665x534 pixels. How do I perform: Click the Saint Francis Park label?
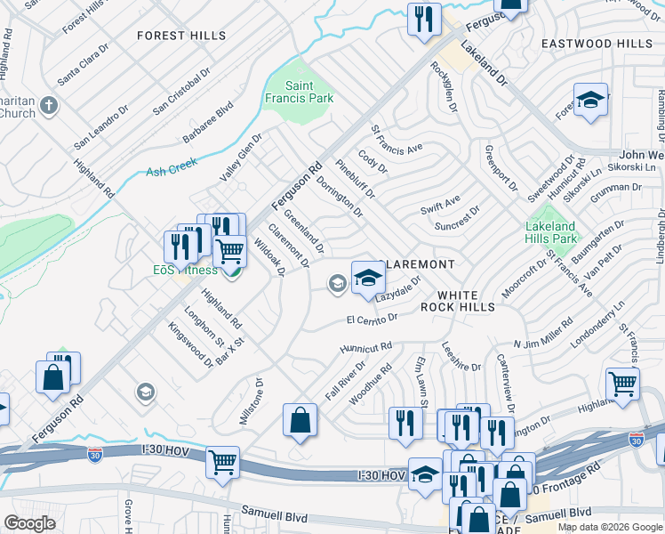point(297,92)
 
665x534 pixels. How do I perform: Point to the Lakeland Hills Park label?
point(551,232)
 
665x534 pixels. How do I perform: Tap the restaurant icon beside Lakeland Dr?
point(424,19)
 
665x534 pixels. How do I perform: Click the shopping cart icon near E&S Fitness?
point(230,252)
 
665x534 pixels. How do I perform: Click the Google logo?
point(29,523)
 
